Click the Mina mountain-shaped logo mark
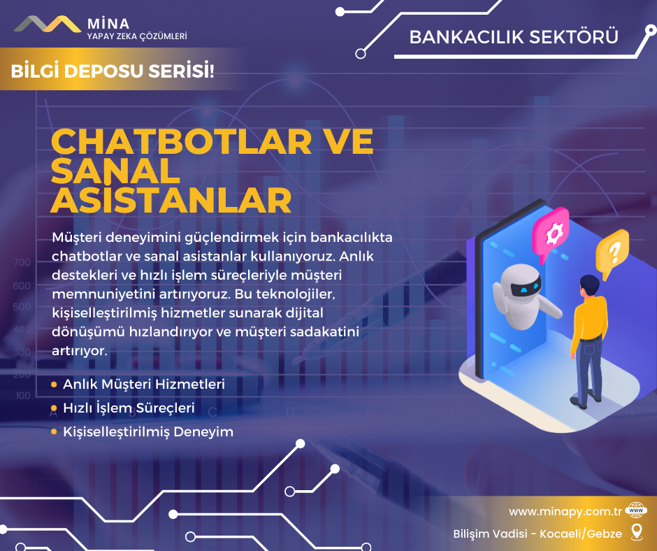click(48, 24)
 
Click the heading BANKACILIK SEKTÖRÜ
click(514, 37)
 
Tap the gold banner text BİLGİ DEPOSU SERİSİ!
click(113, 71)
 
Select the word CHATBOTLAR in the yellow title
click(182, 142)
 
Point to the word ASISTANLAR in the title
click(171, 201)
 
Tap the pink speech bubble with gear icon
click(551, 232)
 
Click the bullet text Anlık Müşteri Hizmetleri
click(144, 384)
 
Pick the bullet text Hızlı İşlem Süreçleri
click(129, 408)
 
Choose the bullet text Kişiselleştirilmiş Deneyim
click(148, 431)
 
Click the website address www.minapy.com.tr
click(565, 512)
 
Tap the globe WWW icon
click(636, 510)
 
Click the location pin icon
click(637, 531)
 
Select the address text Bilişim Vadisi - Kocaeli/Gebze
click(537, 534)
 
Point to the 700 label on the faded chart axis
click(22, 262)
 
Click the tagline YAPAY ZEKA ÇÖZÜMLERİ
click(137, 36)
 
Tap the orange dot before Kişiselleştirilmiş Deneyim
click(54, 431)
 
